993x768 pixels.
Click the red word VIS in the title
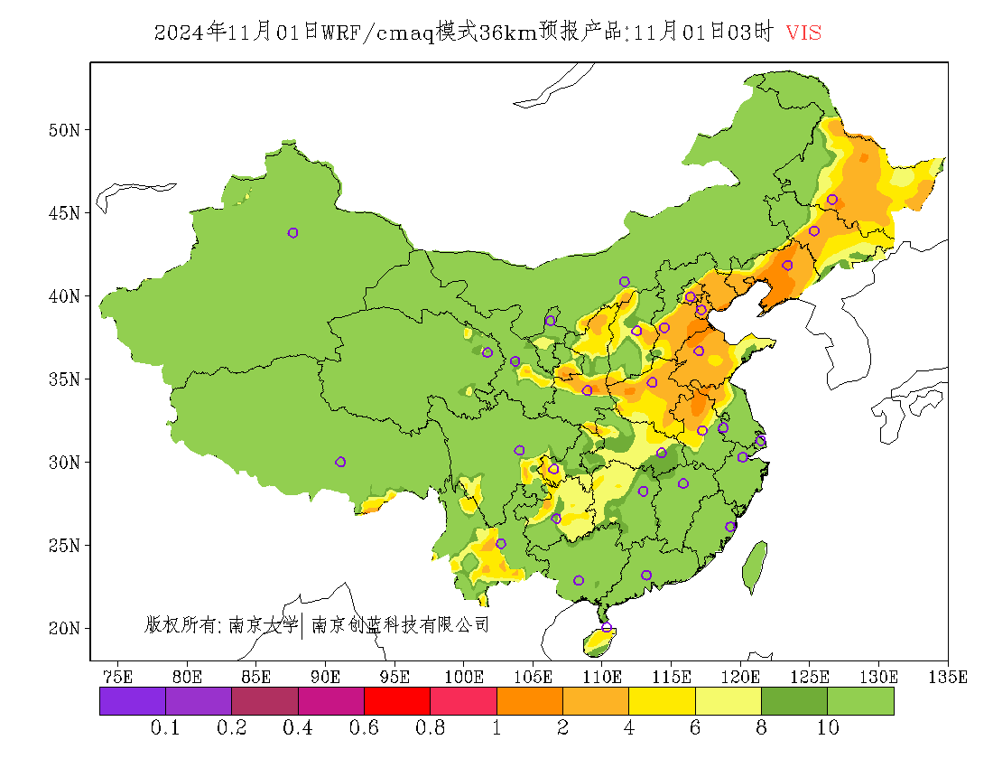click(803, 33)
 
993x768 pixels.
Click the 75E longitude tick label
click(118, 676)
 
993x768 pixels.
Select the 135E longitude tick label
click(949, 676)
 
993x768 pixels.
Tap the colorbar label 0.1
click(165, 728)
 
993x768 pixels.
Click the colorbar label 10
click(828, 728)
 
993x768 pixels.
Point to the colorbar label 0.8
click(430, 728)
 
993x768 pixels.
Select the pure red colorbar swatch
click(396, 701)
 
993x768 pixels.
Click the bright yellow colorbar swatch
click(662, 701)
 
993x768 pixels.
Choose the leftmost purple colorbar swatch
click(133, 701)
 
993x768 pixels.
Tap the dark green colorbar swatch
click(794, 701)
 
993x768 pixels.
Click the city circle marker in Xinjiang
click(292, 233)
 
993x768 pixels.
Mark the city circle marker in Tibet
click(340, 462)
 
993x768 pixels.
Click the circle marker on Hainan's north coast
click(607, 627)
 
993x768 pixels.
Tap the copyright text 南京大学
click(263, 624)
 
